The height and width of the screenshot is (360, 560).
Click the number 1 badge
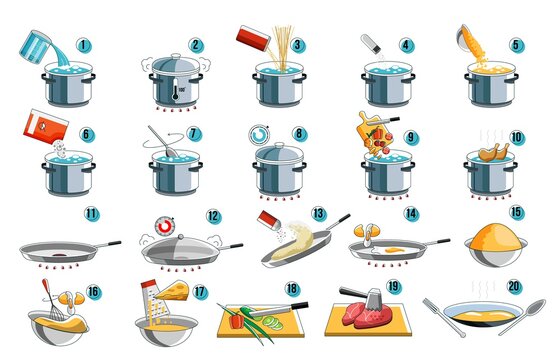click(84, 46)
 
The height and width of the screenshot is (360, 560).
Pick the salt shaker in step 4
click(371, 43)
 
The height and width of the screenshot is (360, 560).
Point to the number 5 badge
click(515, 46)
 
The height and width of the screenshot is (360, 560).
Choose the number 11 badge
click(92, 213)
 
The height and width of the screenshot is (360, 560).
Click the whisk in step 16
click(48, 296)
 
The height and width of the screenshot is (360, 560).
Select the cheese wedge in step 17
click(176, 291)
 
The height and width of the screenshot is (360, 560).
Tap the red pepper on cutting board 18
click(235, 322)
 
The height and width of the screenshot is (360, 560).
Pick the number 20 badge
click(515, 286)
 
